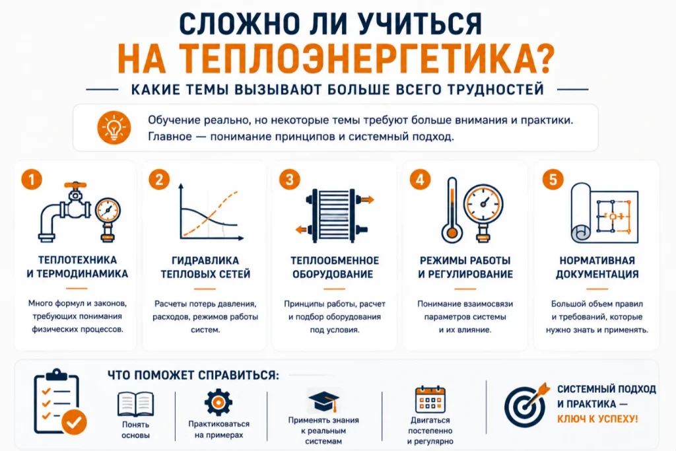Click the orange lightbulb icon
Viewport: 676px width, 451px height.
point(114,127)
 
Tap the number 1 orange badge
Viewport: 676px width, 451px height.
point(32,179)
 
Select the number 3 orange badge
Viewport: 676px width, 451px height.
point(289,180)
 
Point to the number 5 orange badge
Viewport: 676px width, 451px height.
point(553,180)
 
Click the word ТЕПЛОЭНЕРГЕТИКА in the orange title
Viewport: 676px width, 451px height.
point(366,59)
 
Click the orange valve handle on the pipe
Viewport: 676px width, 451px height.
point(75,185)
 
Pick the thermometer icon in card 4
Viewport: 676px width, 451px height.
point(452,210)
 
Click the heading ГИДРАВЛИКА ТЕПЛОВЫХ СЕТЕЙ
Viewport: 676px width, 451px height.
point(205,267)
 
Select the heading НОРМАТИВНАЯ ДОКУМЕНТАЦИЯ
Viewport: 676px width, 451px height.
point(597,267)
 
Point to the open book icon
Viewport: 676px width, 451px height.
point(135,404)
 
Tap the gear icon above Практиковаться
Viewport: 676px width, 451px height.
point(218,402)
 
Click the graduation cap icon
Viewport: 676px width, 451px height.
point(323,401)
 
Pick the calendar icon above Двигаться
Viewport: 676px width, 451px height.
point(430,399)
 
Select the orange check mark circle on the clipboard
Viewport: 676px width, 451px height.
point(74,422)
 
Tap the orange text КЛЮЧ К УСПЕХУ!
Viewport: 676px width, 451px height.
point(597,419)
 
